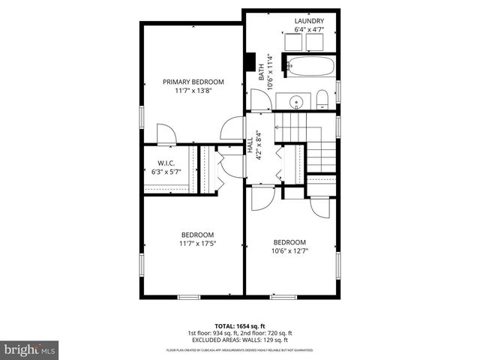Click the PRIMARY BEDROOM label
(x=193, y=82)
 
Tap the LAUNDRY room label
(x=308, y=21)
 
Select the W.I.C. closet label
(x=166, y=163)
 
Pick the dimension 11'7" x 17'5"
(x=197, y=243)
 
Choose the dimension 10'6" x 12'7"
(x=289, y=250)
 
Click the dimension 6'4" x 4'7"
(x=308, y=29)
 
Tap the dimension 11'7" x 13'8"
(x=193, y=90)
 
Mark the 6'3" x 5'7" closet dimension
(x=166, y=172)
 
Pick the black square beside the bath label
(x=250, y=61)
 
